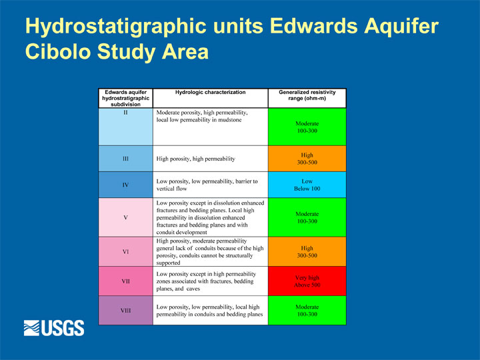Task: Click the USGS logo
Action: (54, 328)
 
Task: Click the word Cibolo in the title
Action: (58, 51)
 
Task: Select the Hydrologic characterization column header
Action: (210, 92)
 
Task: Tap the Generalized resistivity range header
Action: (307, 95)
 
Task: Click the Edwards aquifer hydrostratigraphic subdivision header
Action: (125, 98)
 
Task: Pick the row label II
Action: (125, 113)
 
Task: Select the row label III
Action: (125, 159)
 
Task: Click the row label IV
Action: (125, 185)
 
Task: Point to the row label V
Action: (125, 217)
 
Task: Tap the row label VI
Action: (125, 251)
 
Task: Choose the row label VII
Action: (125, 281)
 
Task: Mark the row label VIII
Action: (125, 311)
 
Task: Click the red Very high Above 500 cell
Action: (307, 281)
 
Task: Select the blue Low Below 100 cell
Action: (307, 185)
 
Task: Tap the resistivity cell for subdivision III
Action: (307, 159)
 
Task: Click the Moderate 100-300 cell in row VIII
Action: (307, 311)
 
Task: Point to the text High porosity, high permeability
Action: (195, 159)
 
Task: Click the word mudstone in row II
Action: (229, 120)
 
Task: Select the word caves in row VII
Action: (193, 289)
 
